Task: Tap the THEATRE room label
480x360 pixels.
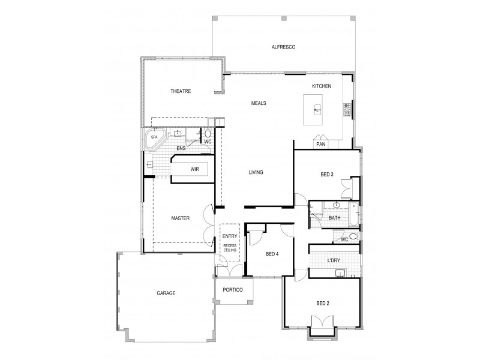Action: (180, 91)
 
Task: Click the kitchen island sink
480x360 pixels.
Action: (318, 110)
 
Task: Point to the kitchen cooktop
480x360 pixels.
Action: (346, 109)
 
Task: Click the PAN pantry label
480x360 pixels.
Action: (320, 144)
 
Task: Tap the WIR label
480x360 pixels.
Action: (194, 170)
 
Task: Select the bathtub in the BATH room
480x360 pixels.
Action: (355, 214)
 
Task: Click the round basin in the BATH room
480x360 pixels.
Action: (319, 205)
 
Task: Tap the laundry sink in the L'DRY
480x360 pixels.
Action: (340, 274)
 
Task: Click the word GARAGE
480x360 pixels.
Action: (166, 293)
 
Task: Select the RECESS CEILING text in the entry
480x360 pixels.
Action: (230, 249)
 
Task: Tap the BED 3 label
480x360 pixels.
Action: (327, 175)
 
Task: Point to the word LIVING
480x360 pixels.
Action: (256, 173)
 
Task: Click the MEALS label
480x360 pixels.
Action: (259, 103)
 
